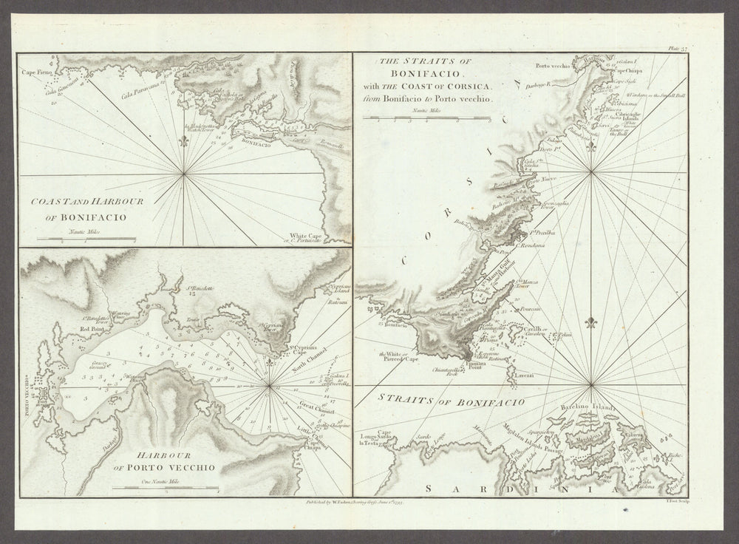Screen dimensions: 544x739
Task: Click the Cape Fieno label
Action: [34, 73]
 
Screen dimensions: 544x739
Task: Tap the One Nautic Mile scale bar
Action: [164, 488]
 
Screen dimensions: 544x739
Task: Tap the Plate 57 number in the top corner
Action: [677, 48]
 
